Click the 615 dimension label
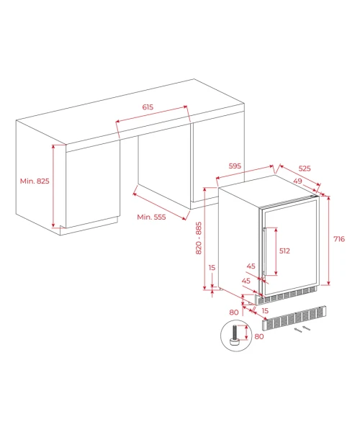point(148,107)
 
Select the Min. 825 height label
point(35,181)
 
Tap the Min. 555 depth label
point(151,217)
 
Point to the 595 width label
point(235,166)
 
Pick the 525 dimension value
point(305,168)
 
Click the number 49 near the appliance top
point(298,181)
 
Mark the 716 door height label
point(339,239)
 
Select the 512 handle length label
point(284,251)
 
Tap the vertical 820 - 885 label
point(199,238)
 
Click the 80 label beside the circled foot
point(259,336)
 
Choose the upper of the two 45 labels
point(251,266)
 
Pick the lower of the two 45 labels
point(246,281)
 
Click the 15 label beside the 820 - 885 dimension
point(212,268)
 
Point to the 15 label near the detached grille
point(265,311)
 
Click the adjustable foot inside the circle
point(235,335)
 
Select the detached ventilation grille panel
point(294,318)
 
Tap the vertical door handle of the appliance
point(264,251)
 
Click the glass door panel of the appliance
point(290,246)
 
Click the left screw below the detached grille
point(298,330)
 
